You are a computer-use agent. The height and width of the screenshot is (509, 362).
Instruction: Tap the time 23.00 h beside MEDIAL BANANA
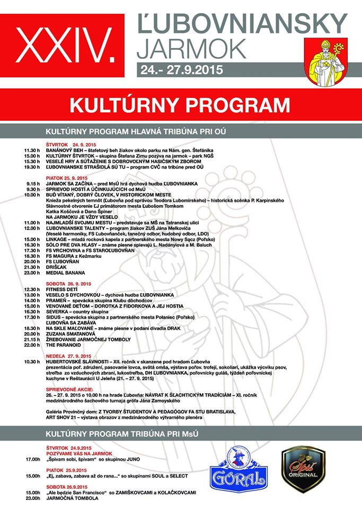click(32, 274)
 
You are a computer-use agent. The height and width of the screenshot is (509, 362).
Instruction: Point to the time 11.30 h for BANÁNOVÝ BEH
click(32, 151)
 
